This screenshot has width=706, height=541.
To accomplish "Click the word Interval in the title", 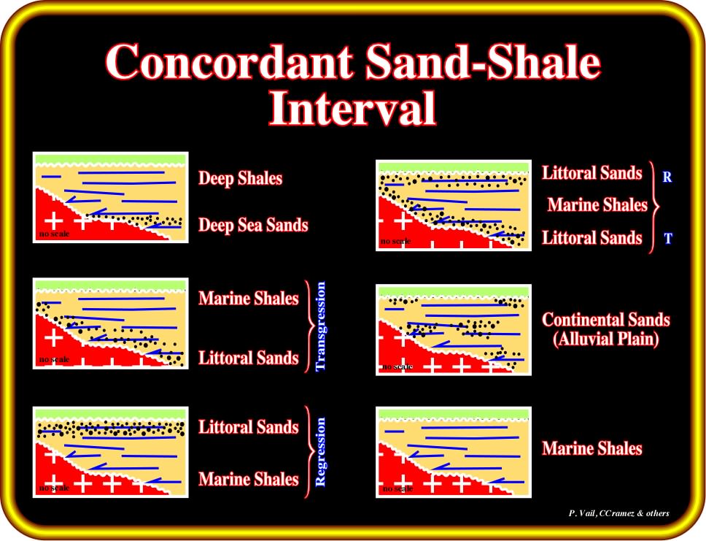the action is point(352,108).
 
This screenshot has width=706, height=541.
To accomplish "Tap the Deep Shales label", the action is point(241,179).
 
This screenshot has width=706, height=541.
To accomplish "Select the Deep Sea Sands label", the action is point(254,225).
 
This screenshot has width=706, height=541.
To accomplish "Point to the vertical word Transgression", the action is point(321,326).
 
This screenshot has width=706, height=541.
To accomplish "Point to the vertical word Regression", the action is point(321,452).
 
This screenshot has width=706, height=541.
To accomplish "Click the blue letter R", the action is point(667,177).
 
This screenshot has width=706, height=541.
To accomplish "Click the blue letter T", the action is point(668,237).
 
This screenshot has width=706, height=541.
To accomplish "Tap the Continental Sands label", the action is point(606,320).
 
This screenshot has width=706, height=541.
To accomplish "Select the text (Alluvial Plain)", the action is point(606,339).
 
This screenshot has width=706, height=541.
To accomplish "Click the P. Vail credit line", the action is point(619,513).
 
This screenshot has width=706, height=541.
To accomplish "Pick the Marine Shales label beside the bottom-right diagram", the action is point(592,448).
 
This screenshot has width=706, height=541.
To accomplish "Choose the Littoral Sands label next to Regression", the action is point(249,427).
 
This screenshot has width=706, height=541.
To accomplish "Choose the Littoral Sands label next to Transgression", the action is point(249,358).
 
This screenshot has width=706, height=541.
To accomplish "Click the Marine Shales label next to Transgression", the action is point(249,299).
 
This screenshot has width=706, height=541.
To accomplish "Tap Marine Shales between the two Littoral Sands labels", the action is point(597,205).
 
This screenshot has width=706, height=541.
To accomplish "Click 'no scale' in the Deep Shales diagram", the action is point(54,234).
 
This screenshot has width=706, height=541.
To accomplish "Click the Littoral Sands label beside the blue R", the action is point(592,173).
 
